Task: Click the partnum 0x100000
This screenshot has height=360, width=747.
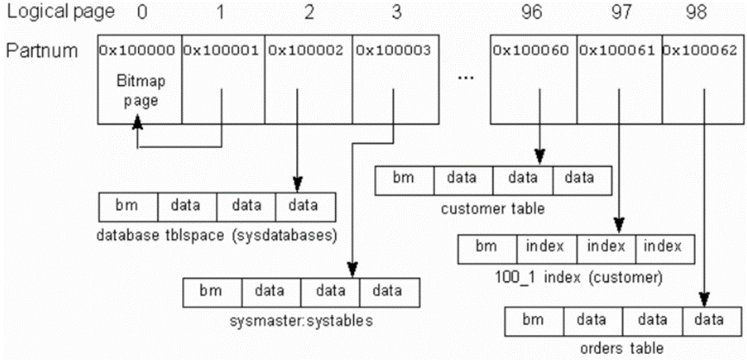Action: (140, 49)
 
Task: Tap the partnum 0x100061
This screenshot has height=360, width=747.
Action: (619, 49)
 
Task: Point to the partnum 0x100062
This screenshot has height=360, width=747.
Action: (704, 49)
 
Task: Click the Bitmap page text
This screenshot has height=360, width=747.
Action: (141, 91)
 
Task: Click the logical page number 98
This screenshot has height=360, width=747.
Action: (703, 11)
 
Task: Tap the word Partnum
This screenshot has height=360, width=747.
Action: (42, 50)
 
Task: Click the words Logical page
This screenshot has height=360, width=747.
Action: (61, 12)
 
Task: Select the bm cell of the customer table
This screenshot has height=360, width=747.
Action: (404, 180)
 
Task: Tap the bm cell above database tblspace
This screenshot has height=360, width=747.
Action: (128, 207)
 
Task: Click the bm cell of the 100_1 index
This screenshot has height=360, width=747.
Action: (487, 249)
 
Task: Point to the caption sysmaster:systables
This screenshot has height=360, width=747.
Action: (301, 321)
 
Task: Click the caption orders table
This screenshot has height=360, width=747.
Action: (616, 351)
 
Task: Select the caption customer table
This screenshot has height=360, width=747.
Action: (492, 210)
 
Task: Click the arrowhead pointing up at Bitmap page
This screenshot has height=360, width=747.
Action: (137, 123)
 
